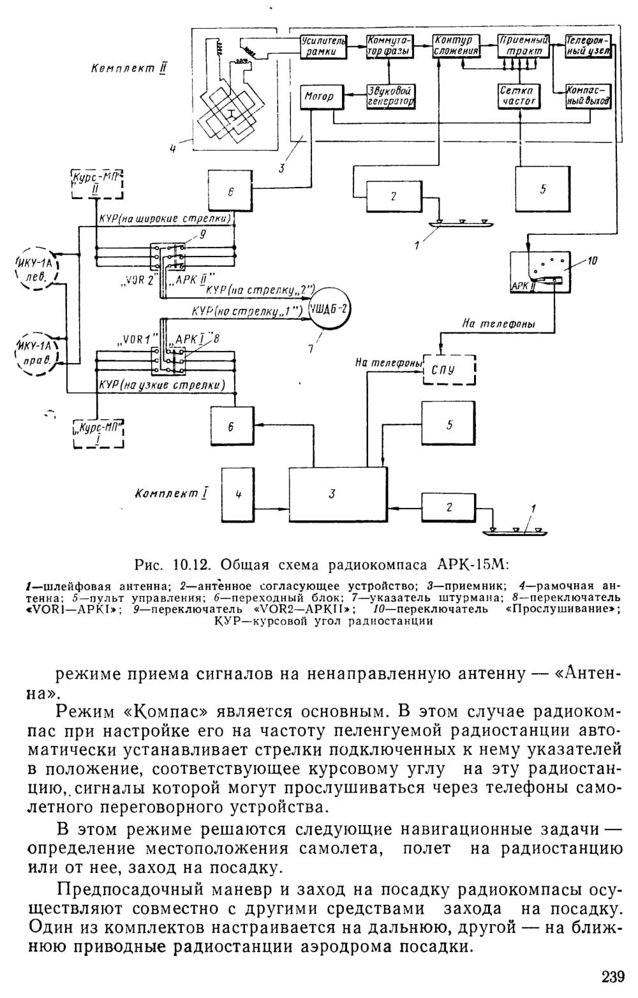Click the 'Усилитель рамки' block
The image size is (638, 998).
click(323, 46)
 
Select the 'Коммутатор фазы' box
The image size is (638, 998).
click(389, 46)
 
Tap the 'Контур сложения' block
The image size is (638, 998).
click(456, 46)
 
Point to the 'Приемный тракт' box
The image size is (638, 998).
click(523, 46)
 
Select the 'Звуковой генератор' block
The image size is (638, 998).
click(389, 96)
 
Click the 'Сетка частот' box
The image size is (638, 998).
click(519, 96)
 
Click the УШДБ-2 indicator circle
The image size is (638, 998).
click(330, 309)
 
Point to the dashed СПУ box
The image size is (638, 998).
click(449, 370)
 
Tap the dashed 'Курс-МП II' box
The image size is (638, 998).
click(97, 184)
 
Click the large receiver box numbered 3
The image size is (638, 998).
click(338, 494)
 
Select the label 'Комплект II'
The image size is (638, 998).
click(129, 69)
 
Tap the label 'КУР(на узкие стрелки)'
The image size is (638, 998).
click(161, 385)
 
